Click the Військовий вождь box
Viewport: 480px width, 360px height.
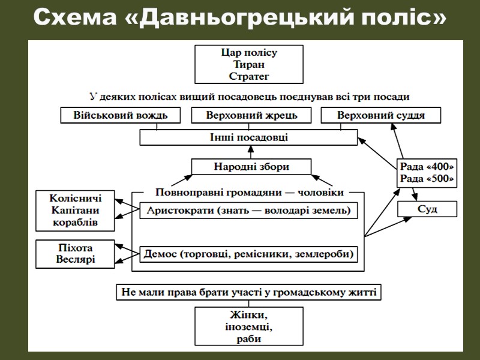pyautogui.click(x=120, y=115)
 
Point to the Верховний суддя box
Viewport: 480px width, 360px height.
pyautogui.click(x=381, y=115)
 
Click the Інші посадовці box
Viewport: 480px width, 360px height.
pyautogui.click(x=247, y=137)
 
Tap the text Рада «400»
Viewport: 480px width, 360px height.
pyautogui.click(x=427, y=167)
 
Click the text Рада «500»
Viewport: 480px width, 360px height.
pyautogui.click(x=427, y=178)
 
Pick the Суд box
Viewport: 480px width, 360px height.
pyautogui.click(x=427, y=209)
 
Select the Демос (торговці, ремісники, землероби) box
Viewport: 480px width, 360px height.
pyautogui.click(x=248, y=254)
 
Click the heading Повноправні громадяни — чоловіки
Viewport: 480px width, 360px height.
pyautogui.click(x=248, y=193)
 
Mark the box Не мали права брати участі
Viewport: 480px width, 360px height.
pyautogui.click(x=248, y=293)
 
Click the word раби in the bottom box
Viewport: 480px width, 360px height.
pyautogui.click(x=249, y=339)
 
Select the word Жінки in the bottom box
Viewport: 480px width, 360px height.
pyautogui.click(x=249, y=315)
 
